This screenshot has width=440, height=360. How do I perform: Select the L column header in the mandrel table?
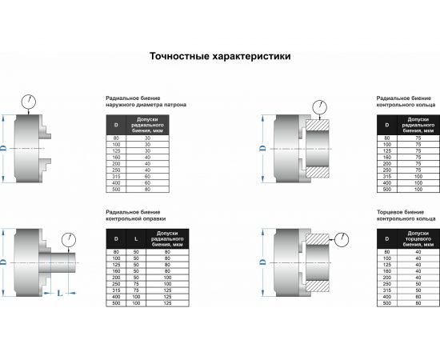137,239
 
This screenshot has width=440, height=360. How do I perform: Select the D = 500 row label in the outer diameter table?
117,190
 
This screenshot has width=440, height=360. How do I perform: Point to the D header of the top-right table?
388,126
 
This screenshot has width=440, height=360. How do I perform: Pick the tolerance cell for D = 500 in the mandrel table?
167,304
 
